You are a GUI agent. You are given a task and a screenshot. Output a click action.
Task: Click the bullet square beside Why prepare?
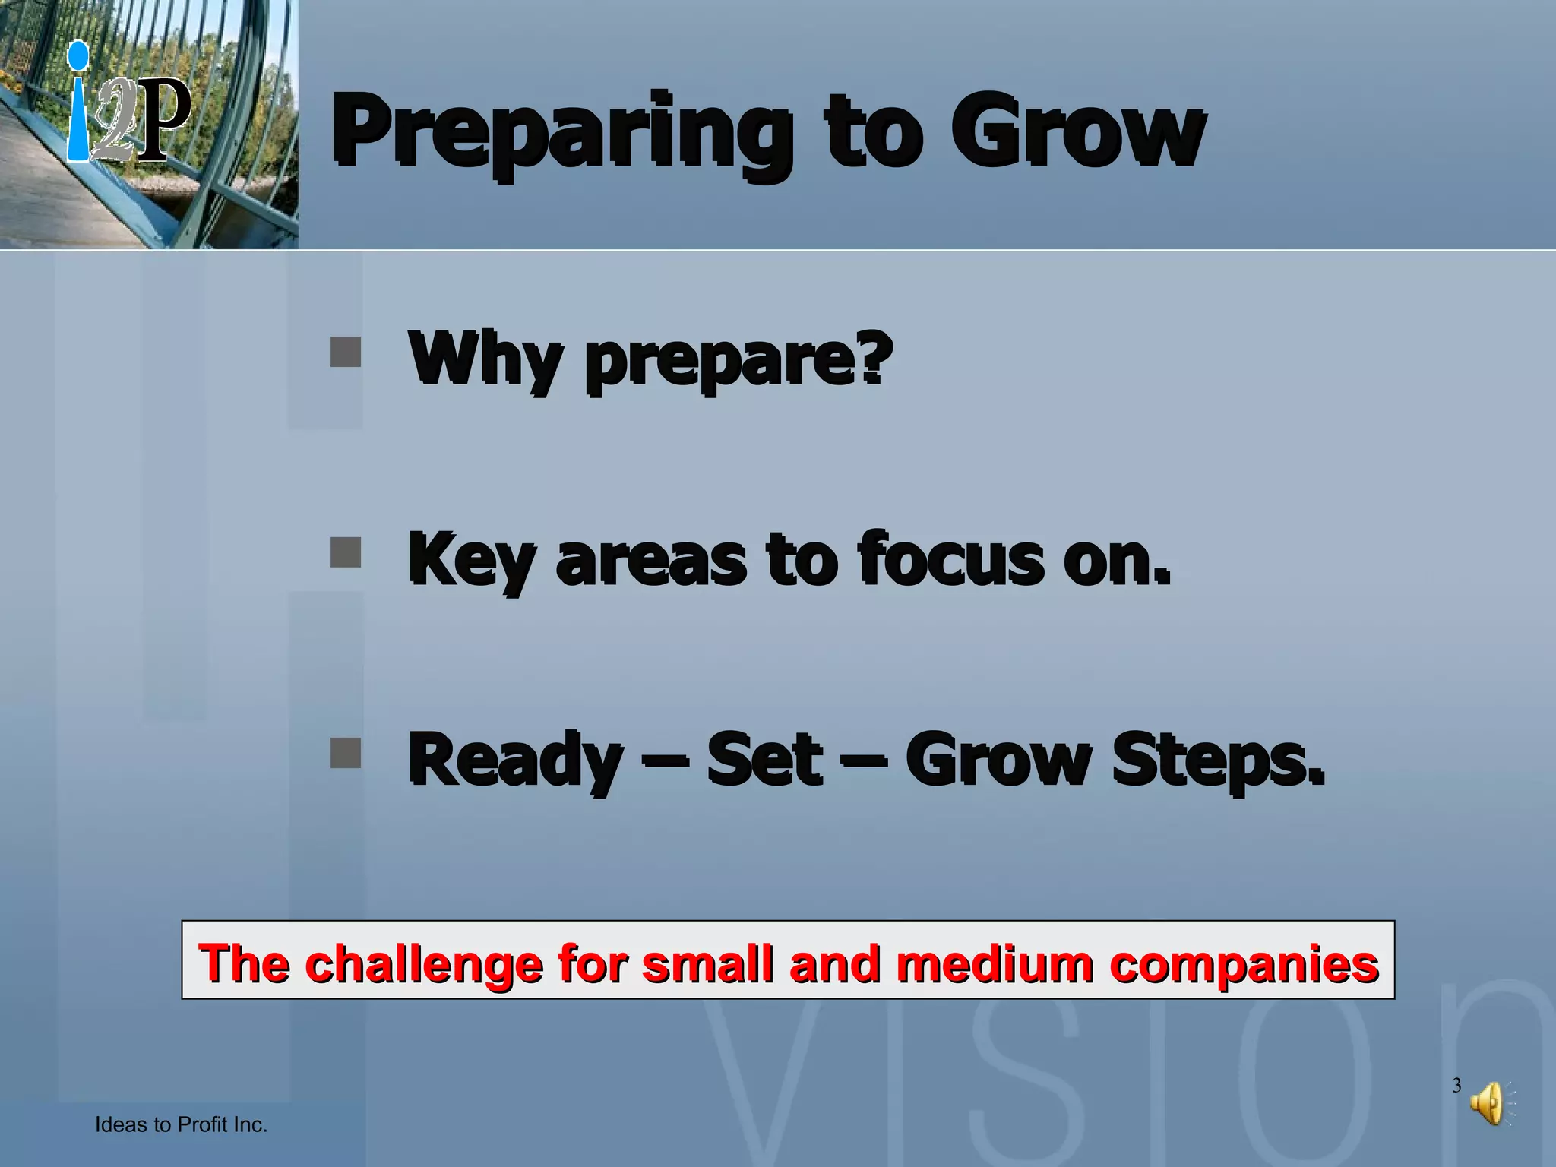coord(346,353)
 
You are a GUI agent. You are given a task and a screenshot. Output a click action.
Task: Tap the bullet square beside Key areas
coord(346,552)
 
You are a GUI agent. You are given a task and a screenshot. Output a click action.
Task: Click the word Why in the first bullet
coord(485,359)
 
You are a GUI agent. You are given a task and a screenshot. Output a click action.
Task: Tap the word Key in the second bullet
coord(471,561)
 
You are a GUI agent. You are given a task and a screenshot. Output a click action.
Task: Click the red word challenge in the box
coord(423,963)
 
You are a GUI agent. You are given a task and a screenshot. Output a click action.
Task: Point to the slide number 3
coord(1456,1085)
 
